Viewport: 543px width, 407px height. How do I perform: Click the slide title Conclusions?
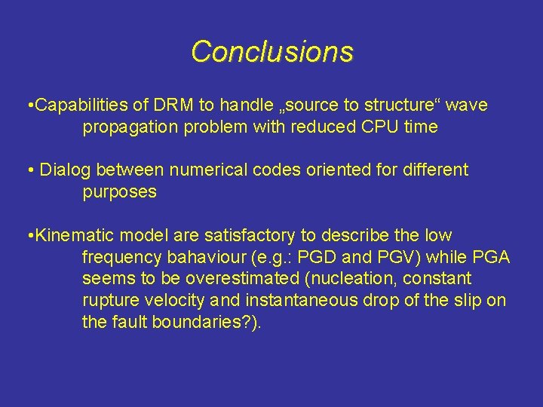click(271, 52)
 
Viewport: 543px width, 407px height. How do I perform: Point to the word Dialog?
click(62, 170)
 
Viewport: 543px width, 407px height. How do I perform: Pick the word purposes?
click(120, 191)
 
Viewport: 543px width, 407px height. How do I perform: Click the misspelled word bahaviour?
click(188, 257)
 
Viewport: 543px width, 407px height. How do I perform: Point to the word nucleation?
click(354, 279)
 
